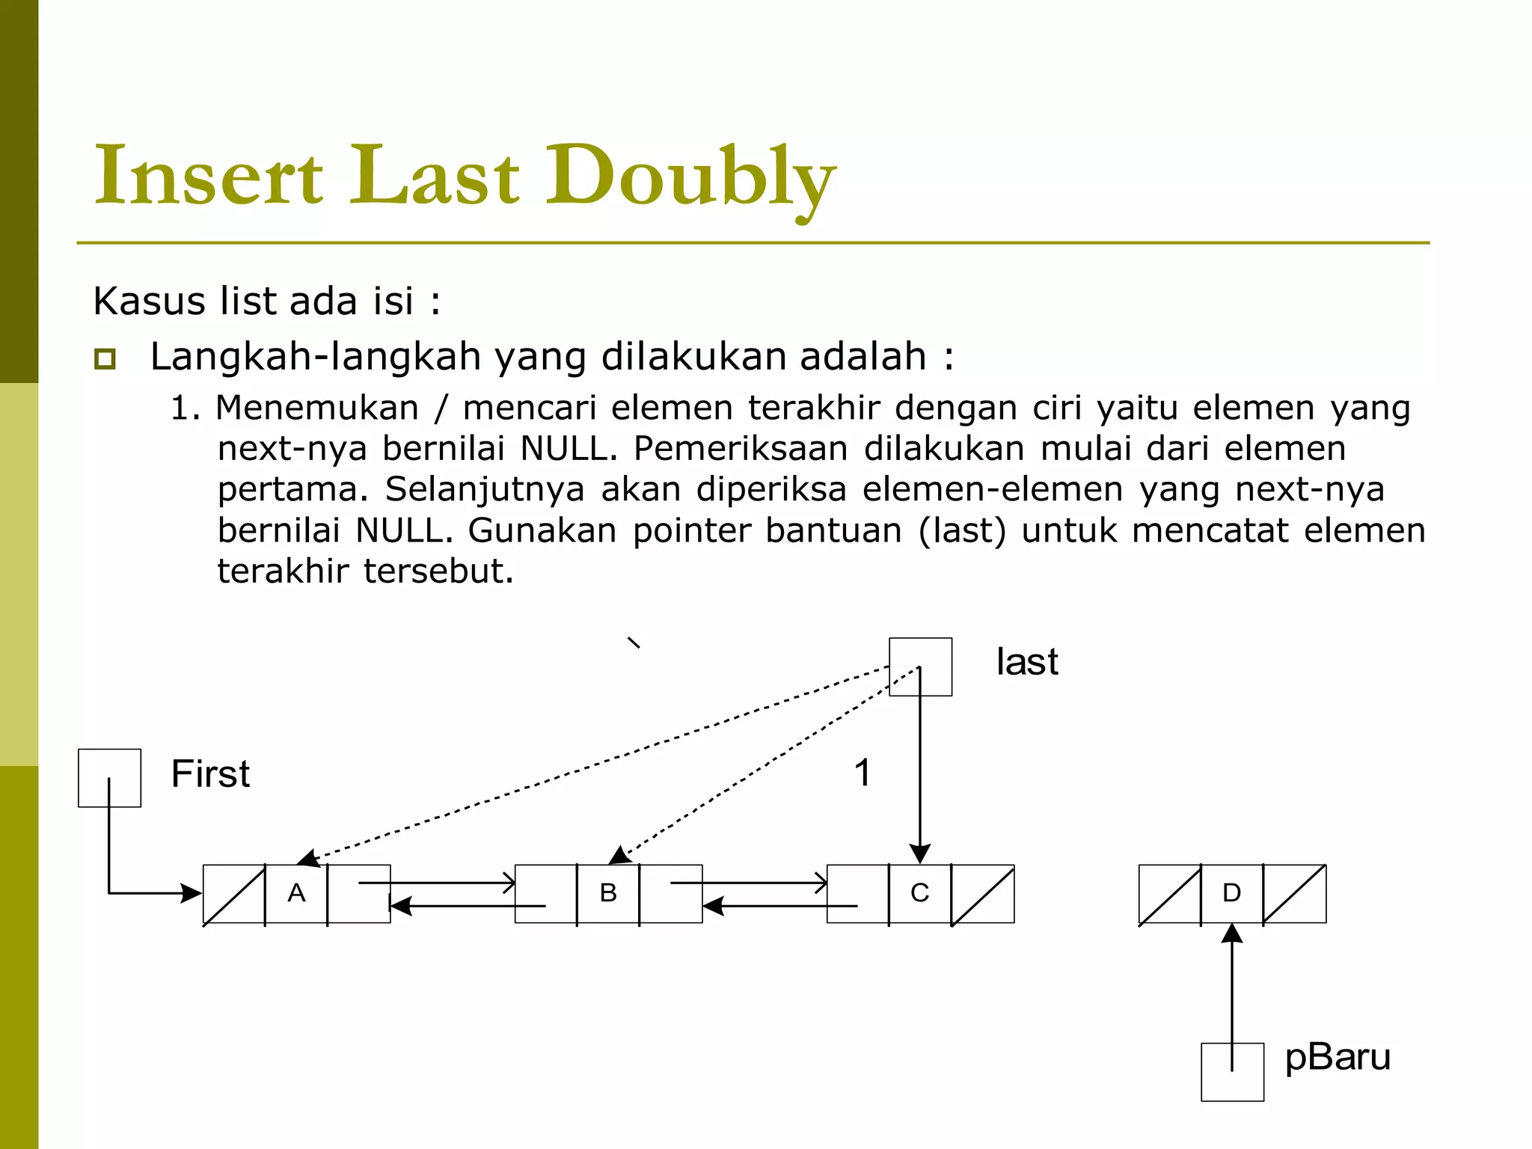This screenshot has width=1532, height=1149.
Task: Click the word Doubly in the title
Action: pos(690,177)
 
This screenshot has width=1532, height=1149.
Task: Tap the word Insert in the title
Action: pos(209,177)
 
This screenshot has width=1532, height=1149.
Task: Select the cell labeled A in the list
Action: pos(296,893)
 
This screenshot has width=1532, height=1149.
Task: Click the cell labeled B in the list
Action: pos(608,893)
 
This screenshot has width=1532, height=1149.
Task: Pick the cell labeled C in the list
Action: pos(919,893)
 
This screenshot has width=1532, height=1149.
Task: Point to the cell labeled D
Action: pos(1231,893)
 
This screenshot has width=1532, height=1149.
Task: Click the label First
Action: pos(210,773)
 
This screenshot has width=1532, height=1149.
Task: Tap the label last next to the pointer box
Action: pos(1027,662)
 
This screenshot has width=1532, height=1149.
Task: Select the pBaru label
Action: pos(1338,1058)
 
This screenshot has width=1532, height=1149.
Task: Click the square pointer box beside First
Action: pos(109,778)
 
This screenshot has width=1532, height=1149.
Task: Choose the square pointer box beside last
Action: pos(920,667)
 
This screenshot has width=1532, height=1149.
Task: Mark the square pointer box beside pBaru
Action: pos(1232,1072)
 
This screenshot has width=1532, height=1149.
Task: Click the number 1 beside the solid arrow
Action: pos(862,773)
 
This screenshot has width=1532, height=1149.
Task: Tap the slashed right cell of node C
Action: pos(983,894)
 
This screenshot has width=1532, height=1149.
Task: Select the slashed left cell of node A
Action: pos(234,894)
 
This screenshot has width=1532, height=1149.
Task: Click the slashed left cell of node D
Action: pos(1170,894)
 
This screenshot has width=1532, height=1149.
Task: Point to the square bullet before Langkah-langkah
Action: pos(105,359)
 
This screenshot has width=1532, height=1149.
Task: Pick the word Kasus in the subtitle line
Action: pos(149,301)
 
